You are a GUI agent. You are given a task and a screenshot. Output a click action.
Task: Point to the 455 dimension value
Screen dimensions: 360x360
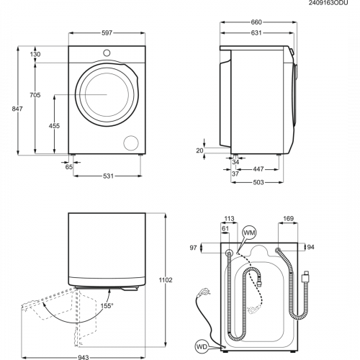[x=55, y=125]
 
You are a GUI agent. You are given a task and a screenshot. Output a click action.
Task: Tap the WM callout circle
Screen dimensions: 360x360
[x=248, y=233]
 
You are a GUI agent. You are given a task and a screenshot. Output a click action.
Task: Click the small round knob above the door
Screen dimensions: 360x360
[x=107, y=53]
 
